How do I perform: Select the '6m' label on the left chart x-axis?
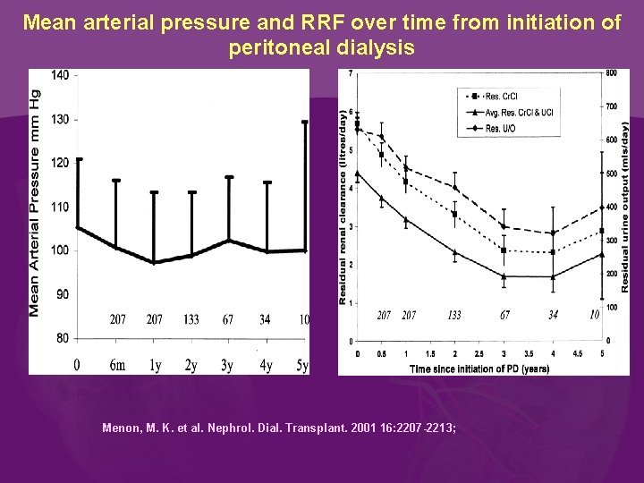(x=117, y=364)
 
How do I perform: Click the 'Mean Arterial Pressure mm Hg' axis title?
(x=35, y=201)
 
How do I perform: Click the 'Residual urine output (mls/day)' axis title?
(x=625, y=207)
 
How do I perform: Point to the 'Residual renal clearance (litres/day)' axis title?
(x=343, y=207)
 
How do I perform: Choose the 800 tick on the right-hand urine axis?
(x=612, y=72)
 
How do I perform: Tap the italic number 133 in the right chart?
(x=454, y=315)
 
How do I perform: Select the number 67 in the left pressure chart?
(x=228, y=319)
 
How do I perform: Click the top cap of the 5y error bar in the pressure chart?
(x=305, y=123)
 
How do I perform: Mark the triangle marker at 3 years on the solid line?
(x=504, y=276)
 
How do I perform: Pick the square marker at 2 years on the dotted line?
(x=454, y=214)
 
